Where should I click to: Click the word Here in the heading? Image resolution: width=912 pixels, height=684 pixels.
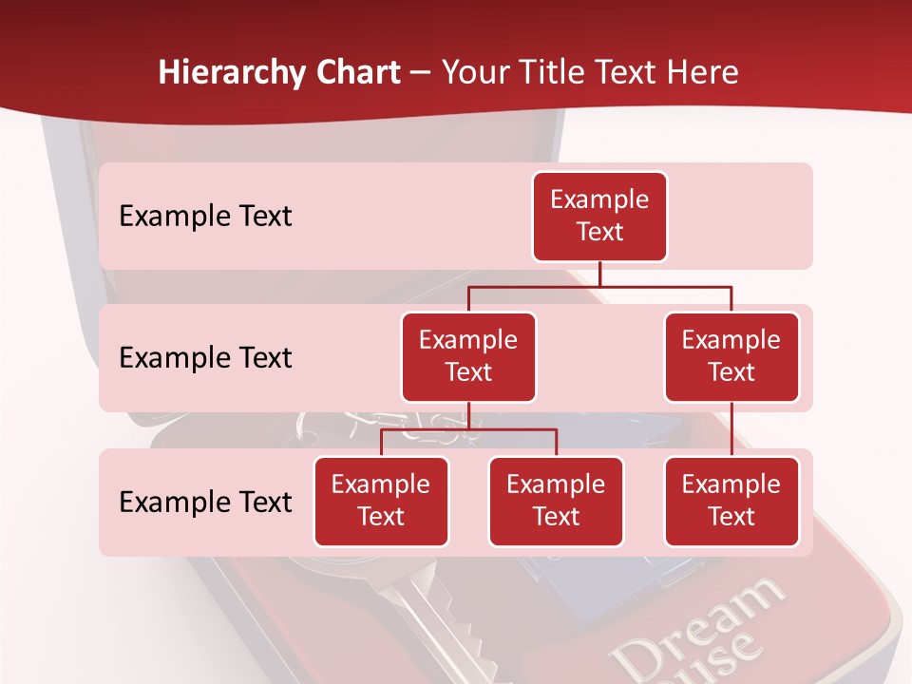tap(702, 73)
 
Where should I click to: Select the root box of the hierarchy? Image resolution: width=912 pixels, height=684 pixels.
tap(599, 216)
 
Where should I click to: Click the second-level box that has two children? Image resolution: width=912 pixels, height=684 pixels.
tap(468, 356)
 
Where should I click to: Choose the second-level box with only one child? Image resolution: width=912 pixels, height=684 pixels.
tap(731, 356)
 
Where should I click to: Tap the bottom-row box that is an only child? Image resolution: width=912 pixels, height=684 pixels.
tap(731, 501)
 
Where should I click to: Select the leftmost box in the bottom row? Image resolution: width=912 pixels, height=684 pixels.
tap(381, 501)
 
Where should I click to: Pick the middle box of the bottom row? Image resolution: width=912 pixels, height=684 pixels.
tap(556, 501)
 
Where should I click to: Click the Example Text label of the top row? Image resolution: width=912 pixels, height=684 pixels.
tap(205, 216)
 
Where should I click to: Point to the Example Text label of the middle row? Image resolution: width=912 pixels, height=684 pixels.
tap(205, 357)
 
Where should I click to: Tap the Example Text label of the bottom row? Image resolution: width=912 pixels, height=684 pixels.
tap(205, 502)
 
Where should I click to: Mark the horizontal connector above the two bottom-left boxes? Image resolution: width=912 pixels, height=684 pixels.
tap(468, 429)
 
